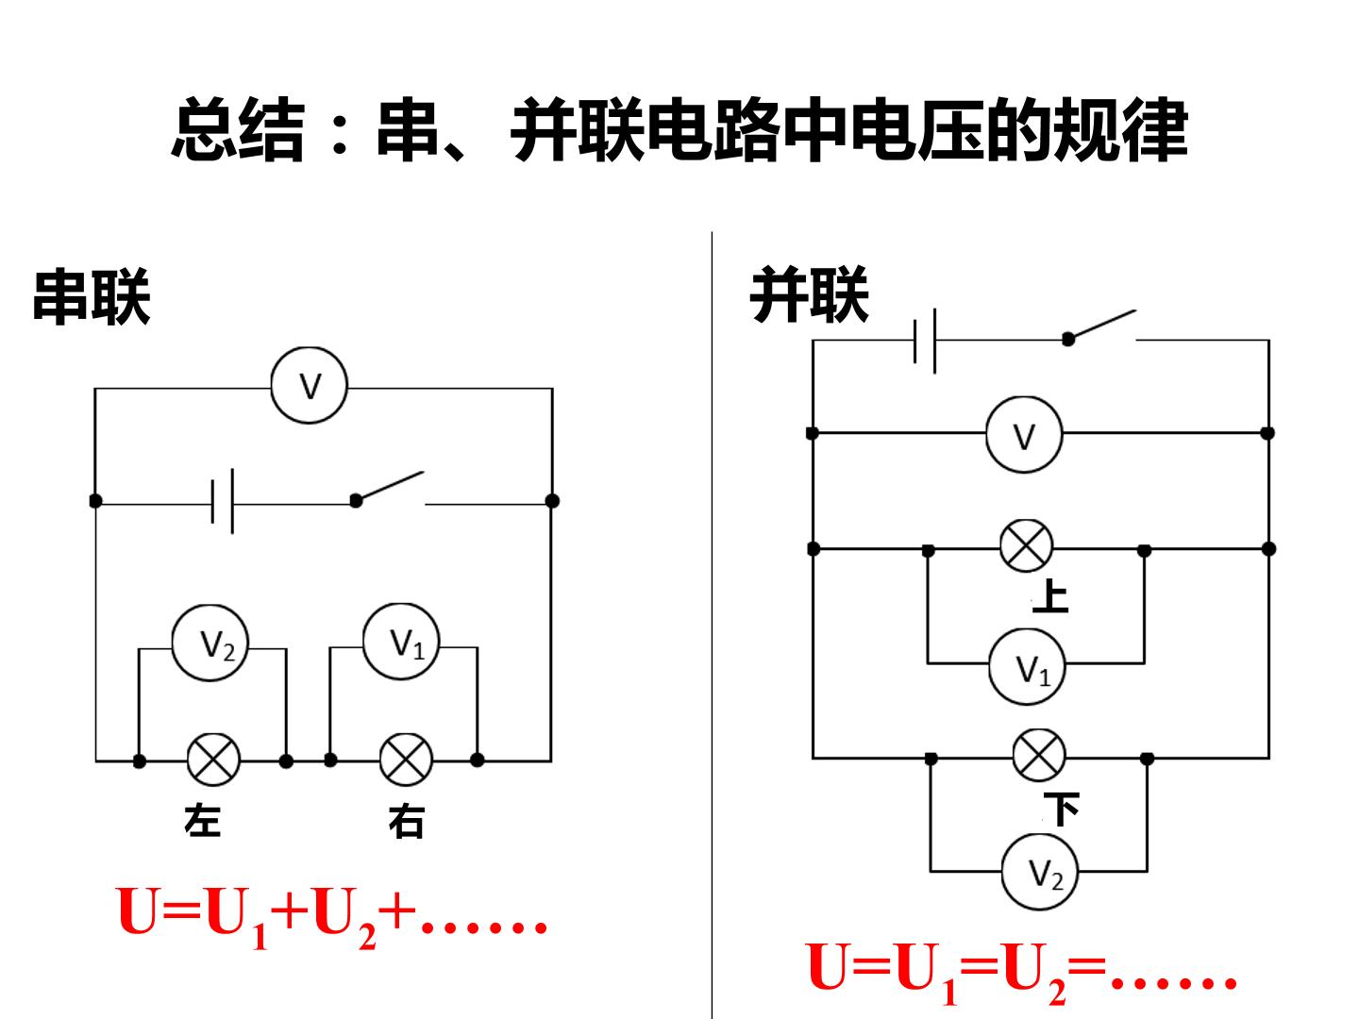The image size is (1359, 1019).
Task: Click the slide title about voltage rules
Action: (x=679, y=130)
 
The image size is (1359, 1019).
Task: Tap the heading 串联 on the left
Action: (x=92, y=297)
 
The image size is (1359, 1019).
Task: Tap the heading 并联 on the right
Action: (x=809, y=295)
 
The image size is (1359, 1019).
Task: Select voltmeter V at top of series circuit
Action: (x=309, y=386)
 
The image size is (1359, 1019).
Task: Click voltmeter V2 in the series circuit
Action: (x=210, y=643)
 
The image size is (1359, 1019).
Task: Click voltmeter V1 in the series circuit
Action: (x=401, y=642)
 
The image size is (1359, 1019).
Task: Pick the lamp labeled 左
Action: (x=213, y=760)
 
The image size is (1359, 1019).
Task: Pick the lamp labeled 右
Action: (x=406, y=760)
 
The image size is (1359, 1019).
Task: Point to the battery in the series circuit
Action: (x=223, y=501)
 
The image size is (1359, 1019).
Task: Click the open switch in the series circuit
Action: (x=390, y=489)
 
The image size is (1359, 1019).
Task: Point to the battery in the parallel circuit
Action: (x=925, y=341)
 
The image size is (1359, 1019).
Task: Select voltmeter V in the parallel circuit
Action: (x=1024, y=434)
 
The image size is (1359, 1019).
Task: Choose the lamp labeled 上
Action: (x=1027, y=545)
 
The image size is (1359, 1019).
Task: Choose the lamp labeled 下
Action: (x=1039, y=755)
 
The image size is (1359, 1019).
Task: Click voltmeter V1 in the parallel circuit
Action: (x=1027, y=667)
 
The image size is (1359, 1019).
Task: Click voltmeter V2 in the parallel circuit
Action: (x=1040, y=872)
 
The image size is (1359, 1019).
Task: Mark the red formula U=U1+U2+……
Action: (x=332, y=917)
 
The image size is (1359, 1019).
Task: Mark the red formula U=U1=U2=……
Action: (x=1021, y=972)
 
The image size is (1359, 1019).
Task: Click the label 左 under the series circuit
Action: (x=203, y=821)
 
